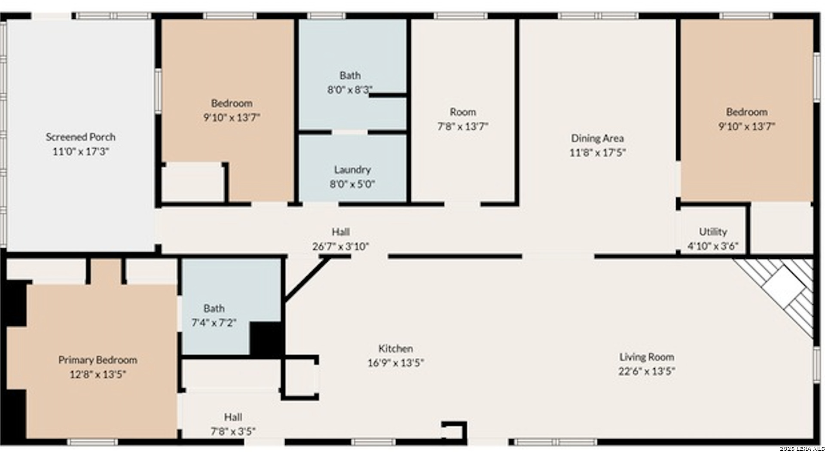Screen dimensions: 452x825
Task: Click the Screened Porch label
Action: pyautogui.click(x=81, y=137)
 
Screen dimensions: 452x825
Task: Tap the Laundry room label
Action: pyautogui.click(x=352, y=170)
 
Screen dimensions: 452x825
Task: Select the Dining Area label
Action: pyautogui.click(x=597, y=138)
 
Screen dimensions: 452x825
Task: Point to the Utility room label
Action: pyautogui.click(x=713, y=232)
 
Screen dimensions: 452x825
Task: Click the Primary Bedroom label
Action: pyautogui.click(x=98, y=360)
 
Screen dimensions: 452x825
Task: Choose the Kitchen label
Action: pyautogui.click(x=395, y=348)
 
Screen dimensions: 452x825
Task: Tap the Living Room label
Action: pyautogui.click(x=646, y=357)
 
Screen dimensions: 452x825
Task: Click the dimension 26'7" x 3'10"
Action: pyautogui.click(x=340, y=247)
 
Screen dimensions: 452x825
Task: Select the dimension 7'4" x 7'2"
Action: pyautogui.click(x=214, y=323)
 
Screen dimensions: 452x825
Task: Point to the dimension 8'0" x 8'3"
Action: pyautogui.click(x=350, y=90)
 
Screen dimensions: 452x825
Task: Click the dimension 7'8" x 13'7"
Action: pyautogui.click(x=463, y=126)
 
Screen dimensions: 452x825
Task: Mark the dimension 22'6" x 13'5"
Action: pyautogui.click(x=646, y=371)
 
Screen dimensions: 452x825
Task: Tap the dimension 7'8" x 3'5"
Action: pyautogui.click(x=233, y=431)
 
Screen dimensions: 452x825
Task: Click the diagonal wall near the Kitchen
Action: pyautogui.click(x=307, y=278)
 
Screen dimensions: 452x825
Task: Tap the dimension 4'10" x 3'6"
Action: pyautogui.click(x=713, y=246)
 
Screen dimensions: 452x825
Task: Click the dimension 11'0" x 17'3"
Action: pyautogui.click(x=81, y=151)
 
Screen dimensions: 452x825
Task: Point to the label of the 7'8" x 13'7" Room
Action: pyautogui.click(x=463, y=112)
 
